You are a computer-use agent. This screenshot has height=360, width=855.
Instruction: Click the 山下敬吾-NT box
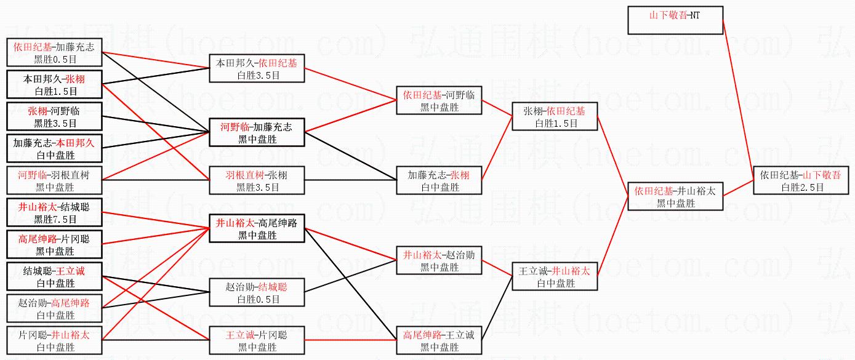pyautogui.click(x=675, y=20)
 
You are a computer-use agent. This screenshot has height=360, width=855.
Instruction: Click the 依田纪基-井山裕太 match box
pyautogui.click(x=675, y=196)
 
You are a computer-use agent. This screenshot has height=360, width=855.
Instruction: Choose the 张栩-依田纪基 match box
pyautogui.click(x=554, y=116)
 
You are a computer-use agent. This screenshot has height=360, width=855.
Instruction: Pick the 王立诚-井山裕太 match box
pyautogui.click(x=554, y=277)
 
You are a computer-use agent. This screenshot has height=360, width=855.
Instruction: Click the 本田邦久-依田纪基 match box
pyautogui.click(x=257, y=68)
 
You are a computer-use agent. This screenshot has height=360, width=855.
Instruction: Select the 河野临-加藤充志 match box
pyautogui.click(x=257, y=132)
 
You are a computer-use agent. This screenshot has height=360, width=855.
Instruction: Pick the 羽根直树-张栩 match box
pyautogui.click(x=257, y=181)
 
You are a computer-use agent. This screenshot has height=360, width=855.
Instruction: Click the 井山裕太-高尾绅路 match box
pyautogui.click(x=257, y=229)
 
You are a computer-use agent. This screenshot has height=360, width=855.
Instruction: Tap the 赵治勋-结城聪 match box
pyautogui.click(x=257, y=293)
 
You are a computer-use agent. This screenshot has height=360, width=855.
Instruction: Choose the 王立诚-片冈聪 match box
pyautogui.click(x=257, y=341)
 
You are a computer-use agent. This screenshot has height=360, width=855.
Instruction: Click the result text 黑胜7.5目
pyautogui.click(x=55, y=219)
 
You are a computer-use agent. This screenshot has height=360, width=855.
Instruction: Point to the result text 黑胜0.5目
pyautogui.click(x=55, y=59)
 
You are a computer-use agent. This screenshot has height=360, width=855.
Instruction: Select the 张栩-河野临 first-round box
pyautogui.click(x=54, y=116)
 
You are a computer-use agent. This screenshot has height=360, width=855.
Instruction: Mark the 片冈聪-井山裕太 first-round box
pyautogui.click(x=54, y=341)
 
